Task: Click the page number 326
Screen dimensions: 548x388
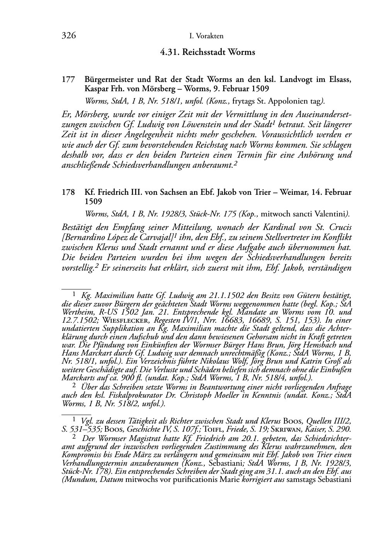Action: tap(68, 36)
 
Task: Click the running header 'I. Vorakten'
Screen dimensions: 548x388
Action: tap(207, 36)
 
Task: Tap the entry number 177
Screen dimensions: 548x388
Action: tap(68, 80)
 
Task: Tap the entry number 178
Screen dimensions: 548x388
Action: tap(68, 192)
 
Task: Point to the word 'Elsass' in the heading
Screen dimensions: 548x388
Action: tap(339, 80)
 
